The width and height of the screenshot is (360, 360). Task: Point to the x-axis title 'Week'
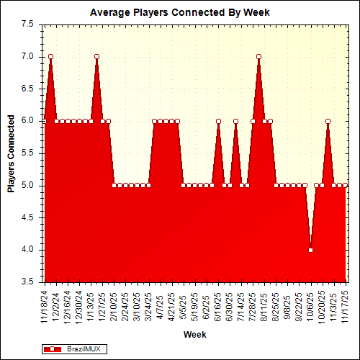(194, 334)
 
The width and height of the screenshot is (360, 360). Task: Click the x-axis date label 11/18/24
(45, 305)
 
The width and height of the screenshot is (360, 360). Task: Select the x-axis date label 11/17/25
(346, 305)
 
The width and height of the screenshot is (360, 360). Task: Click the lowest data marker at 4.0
(310, 250)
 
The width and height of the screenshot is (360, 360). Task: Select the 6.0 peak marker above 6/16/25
(218, 121)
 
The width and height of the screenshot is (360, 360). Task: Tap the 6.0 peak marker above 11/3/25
(328, 121)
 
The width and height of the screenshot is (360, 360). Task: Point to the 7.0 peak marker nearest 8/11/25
(258, 56)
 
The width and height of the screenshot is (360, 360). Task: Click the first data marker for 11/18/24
(45, 121)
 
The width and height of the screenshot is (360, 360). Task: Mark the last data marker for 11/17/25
(346, 185)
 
